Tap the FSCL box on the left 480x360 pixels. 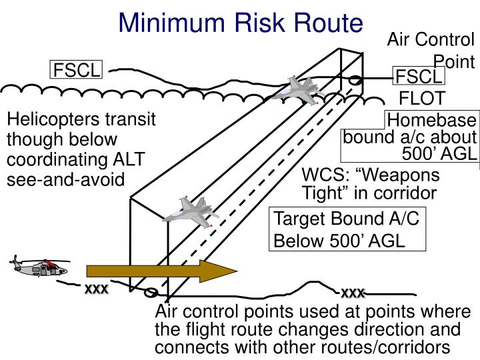tap(77, 70)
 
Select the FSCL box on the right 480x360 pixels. tap(419, 77)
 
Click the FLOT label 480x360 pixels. tap(421, 99)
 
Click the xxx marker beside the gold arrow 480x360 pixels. tap(96, 290)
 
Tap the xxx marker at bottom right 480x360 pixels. tap(353, 293)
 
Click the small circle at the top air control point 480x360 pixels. tap(355, 81)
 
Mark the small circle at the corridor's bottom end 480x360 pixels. tap(151, 293)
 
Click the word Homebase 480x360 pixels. tap(432, 121)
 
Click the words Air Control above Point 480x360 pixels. tap(430, 39)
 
